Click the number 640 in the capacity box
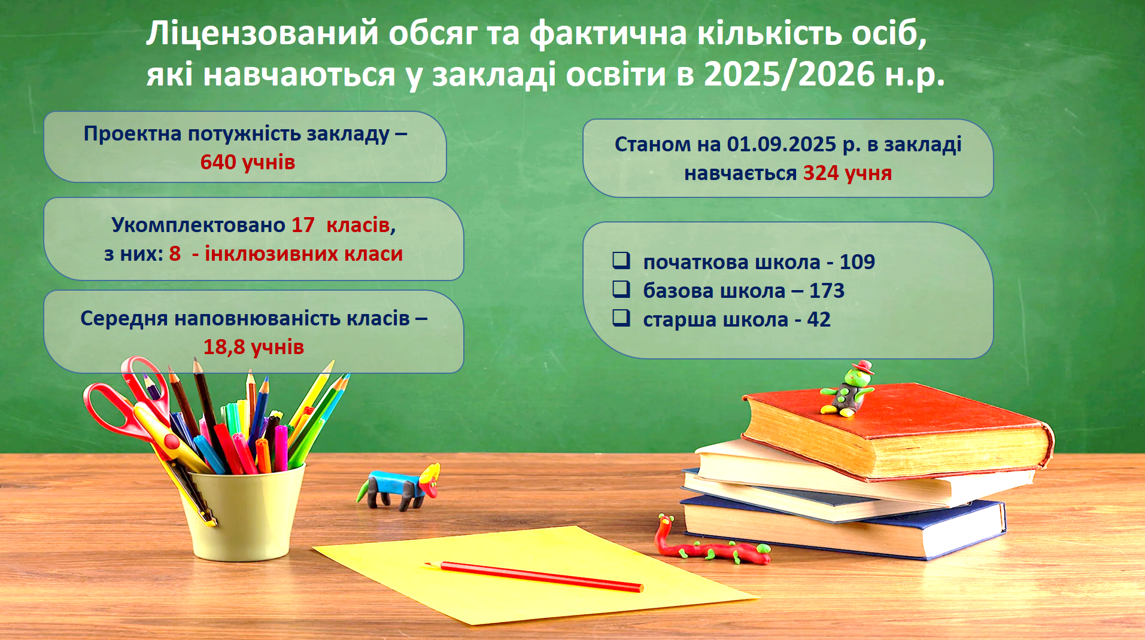(218, 162)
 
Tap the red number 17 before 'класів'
(303, 225)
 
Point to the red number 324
(821, 173)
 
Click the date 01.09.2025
(781, 144)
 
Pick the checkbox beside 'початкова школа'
(621, 260)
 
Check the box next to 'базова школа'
(621, 289)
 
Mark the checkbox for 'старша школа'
(621, 318)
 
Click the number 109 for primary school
(857, 262)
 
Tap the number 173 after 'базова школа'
(827, 291)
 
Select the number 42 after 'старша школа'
(819, 319)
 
